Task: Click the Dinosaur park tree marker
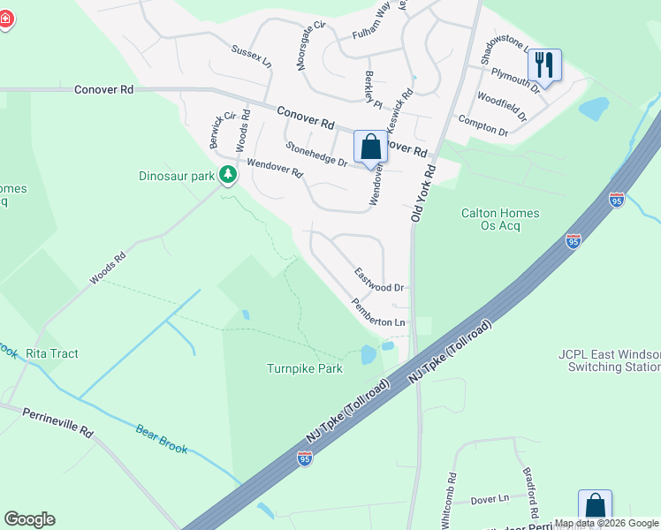(228, 174)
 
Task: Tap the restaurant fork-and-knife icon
(544, 65)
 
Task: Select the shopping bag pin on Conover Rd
(369, 147)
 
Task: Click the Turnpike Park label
(305, 368)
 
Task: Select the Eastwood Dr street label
(379, 281)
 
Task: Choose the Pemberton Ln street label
(378, 313)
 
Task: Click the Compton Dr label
(482, 125)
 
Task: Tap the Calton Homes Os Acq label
(500, 219)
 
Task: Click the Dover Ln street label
(490, 499)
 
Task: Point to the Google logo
(29, 519)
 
